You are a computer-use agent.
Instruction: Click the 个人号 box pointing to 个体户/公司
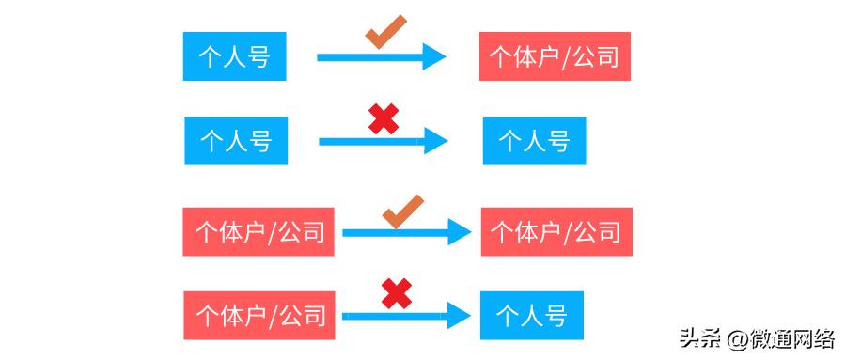[x=234, y=56]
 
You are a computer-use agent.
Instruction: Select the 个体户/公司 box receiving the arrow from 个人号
[x=555, y=56]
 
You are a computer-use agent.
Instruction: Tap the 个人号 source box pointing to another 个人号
[x=236, y=141]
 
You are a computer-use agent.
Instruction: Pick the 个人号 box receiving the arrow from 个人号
[x=534, y=141]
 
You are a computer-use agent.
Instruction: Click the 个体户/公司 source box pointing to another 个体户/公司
[x=259, y=231]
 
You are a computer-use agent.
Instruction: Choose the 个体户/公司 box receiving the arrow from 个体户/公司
[x=556, y=231]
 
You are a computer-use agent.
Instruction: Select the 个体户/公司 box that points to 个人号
[x=260, y=314]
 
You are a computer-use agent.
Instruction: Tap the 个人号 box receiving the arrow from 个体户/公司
[x=531, y=314]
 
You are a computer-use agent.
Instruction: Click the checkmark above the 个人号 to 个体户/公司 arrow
[x=385, y=31]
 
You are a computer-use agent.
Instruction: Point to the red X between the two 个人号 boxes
[x=383, y=118]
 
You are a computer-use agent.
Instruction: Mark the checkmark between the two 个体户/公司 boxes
[x=403, y=211]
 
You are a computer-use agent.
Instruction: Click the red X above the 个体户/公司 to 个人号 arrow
[x=396, y=294]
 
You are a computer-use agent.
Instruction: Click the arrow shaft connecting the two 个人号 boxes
[x=370, y=142]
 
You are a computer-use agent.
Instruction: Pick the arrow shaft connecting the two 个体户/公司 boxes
[x=395, y=232]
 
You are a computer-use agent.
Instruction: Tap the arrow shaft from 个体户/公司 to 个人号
[x=395, y=315]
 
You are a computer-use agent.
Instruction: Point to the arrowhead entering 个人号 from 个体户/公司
[x=458, y=315]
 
